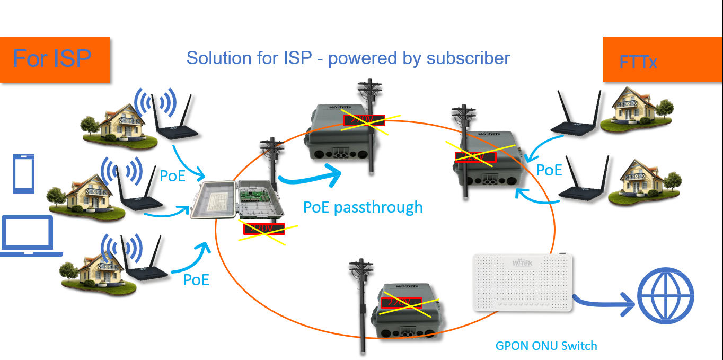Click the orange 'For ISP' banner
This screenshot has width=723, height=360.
[x=55, y=59]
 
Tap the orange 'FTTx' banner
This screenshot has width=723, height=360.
[x=662, y=60]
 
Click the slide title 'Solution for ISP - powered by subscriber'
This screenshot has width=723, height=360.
[x=348, y=58]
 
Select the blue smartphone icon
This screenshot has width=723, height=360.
[x=23, y=173]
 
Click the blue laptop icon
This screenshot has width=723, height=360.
[x=29, y=236]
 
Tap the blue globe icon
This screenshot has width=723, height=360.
[x=665, y=297]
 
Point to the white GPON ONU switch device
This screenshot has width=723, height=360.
[x=522, y=283]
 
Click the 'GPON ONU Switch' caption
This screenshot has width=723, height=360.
[x=546, y=346]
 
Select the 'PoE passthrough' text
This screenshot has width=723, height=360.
[x=363, y=207]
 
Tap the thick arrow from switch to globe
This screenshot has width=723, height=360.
[x=605, y=303]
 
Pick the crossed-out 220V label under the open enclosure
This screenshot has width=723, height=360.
[x=264, y=229]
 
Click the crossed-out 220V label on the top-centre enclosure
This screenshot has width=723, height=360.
[x=364, y=120]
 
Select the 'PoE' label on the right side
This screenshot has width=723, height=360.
[x=549, y=170]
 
